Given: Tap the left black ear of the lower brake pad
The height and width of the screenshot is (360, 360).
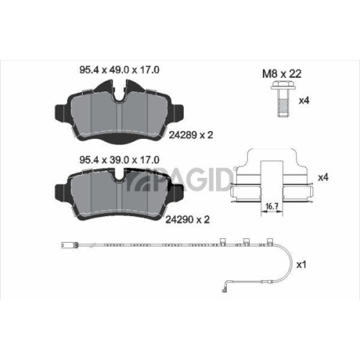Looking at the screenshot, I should pos(58,189).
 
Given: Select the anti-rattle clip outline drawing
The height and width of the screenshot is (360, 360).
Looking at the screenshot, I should pos(269,180).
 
